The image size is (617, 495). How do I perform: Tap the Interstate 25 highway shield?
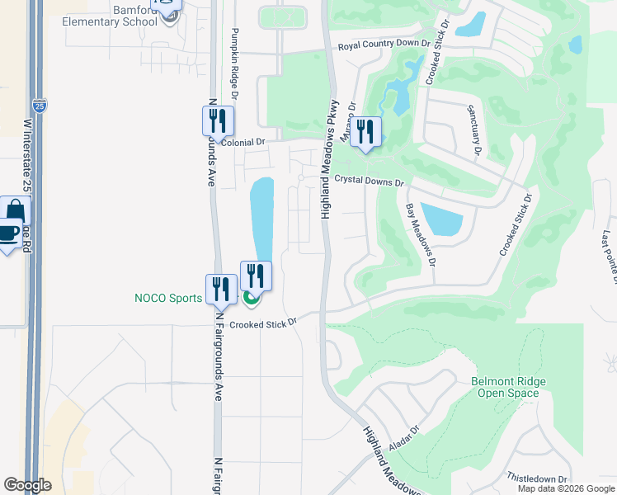(40, 106)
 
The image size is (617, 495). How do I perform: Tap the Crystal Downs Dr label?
(369, 181)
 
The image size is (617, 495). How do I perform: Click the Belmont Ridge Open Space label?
(505, 387)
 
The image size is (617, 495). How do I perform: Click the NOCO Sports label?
(168, 298)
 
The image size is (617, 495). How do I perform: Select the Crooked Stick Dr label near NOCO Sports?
(262, 324)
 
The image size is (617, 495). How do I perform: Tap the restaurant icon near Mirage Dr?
(365, 132)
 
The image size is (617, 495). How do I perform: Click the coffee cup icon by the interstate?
(8, 233)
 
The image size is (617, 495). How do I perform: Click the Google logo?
(27, 485)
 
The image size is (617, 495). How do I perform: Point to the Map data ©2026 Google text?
(566, 488)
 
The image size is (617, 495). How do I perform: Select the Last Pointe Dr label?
(609, 257)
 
